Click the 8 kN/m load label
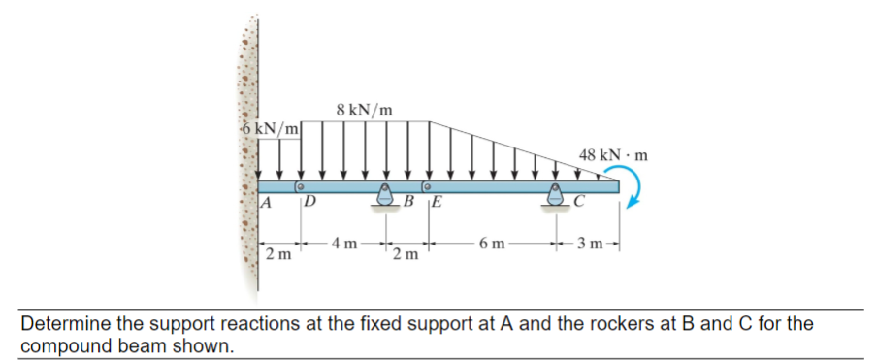click(365, 110)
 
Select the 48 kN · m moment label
click(613, 154)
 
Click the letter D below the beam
click(309, 204)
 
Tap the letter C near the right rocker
click(578, 204)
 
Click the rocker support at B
click(385, 193)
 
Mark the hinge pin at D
click(301, 184)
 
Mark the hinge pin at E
click(427, 184)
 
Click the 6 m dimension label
click(492, 241)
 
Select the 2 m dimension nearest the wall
click(277, 255)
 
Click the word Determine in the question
click(63, 323)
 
